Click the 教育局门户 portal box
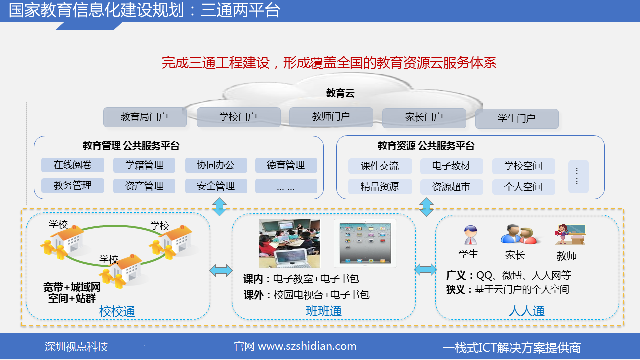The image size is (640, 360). click(x=145, y=117)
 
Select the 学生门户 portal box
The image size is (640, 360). click(x=517, y=119)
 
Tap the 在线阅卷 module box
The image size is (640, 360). click(x=73, y=165)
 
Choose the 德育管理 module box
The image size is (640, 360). click(x=286, y=165)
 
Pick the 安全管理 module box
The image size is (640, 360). click(x=216, y=186)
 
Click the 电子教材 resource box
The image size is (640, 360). click(x=451, y=166)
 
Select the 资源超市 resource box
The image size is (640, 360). click(x=451, y=187)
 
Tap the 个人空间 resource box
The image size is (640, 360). click(x=523, y=187)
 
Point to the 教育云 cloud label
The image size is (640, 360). click(x=340, y=93)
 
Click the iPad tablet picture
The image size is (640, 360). click(x=365, y=243)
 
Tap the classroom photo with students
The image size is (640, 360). click(x=289, y=243)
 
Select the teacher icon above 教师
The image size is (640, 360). click(x=570, y=235)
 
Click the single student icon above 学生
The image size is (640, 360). click(x=470, y=235)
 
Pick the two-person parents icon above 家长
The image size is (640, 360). click(x=519, y=234)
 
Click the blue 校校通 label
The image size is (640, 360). click(x=117, y=311)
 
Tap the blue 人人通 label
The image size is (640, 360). click(x=527, y=311)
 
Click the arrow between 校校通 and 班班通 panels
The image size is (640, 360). click(x=221, y=270)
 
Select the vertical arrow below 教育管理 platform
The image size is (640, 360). click(x=219, y=207)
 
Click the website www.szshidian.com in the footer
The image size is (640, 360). click(x=307, y=346)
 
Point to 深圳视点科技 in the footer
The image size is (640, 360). click(x=76, y=347)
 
